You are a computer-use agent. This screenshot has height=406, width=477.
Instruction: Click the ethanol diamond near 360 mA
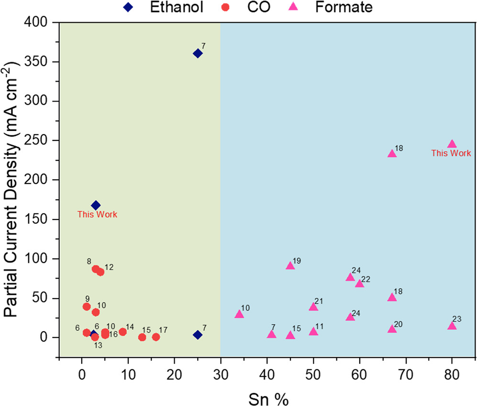pyautogui.click(x=198, y=53)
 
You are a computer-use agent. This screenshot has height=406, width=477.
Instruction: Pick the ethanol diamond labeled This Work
pyautogui.click(x=96, y=205)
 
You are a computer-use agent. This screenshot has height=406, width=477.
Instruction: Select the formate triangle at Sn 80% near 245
pyautogui.click(x=452, y=144)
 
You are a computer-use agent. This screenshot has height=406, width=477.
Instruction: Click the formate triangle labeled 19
pyautogui.click(x=290, y=266)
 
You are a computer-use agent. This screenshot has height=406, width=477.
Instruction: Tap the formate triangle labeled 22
pyautogui.click(x=359, y=284)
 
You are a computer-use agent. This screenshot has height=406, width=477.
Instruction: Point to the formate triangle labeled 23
pyautogui.click(x=452, y=326)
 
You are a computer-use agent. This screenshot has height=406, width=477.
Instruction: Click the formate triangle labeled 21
pyautogui.click(x=313, y=307)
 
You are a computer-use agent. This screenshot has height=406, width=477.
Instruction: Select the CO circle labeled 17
pyautogui.click(x=156, y=337)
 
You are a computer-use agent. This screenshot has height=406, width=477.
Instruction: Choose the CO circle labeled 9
pyautogui.click(x=87, y=307)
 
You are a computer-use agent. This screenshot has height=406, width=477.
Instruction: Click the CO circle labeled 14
pyautogui.click(x=122, y=332)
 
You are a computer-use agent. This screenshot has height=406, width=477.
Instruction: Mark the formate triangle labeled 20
pyautogui.click(x=392, y=329)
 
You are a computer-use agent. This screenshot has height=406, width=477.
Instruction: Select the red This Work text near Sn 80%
pyautogui.click(x=451, y=153)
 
